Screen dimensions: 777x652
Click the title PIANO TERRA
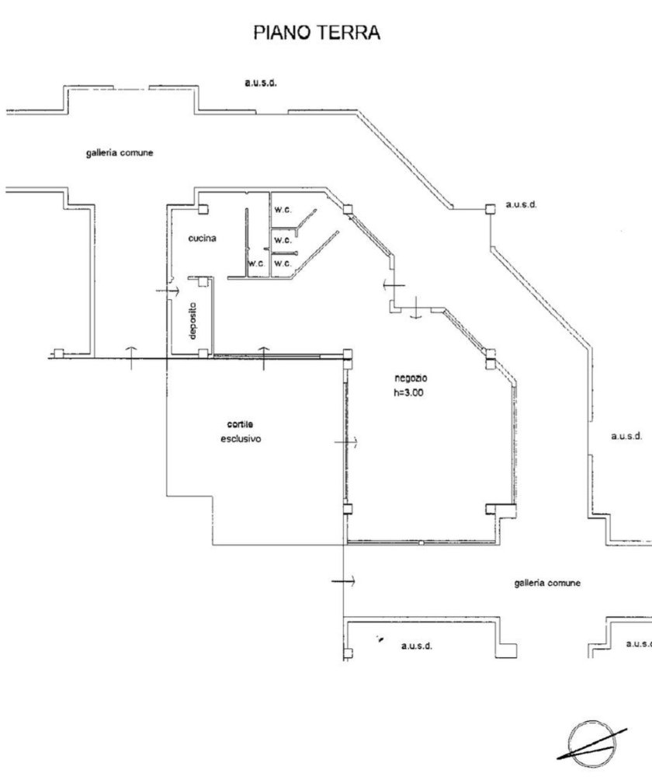pos(317,33)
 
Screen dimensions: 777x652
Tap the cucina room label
pos(202,239)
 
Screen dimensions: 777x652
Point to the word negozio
pos(411,378)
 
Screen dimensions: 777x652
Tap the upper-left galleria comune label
pos(120,153)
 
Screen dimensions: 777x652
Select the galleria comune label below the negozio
pos(547,583)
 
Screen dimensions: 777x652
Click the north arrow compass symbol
pos(594,737)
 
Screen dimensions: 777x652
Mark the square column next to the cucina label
pos(203,208)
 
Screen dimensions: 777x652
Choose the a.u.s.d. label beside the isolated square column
pos(522,205)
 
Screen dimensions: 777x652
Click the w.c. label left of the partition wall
pos(256,264)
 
